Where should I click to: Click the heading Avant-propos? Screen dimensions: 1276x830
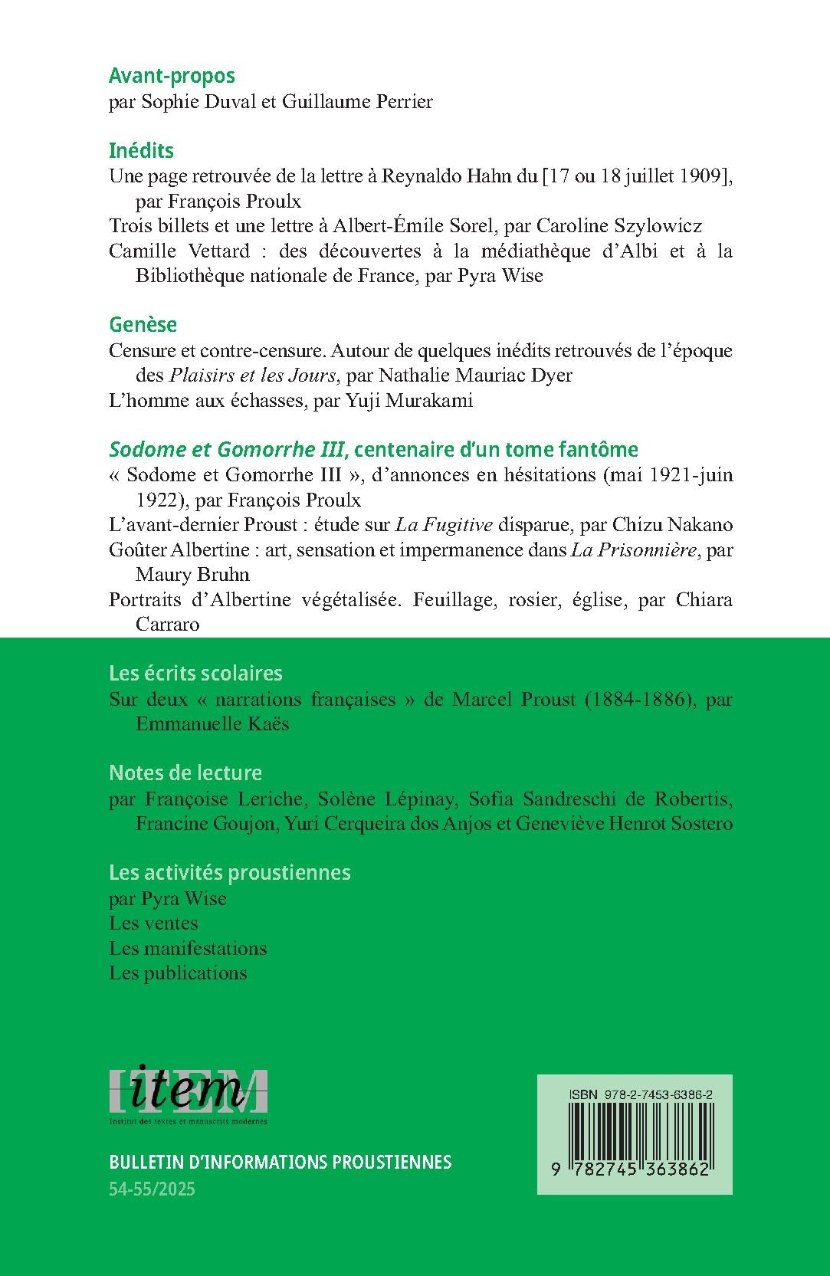(172, 76)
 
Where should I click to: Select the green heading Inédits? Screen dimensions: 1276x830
(141, 150)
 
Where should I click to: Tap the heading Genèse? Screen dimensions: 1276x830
(143, 324)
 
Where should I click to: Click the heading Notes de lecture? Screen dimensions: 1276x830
(185, 772)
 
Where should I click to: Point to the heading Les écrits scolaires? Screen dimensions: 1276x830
(195, 673)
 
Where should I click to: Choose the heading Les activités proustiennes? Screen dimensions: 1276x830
(230, 872)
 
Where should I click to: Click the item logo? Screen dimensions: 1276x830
(189, 1095)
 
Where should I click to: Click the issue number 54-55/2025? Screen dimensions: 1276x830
(153, 1189)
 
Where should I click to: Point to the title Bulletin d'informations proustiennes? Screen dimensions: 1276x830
(280, 1162)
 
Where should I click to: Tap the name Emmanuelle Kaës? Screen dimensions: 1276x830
(212, 724)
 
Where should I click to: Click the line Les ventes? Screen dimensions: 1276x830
(153, 923)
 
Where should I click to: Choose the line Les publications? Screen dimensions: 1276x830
(178, 973)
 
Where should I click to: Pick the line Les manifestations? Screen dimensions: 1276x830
(188, 948)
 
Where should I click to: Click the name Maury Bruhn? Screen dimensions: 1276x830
(192, 575)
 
